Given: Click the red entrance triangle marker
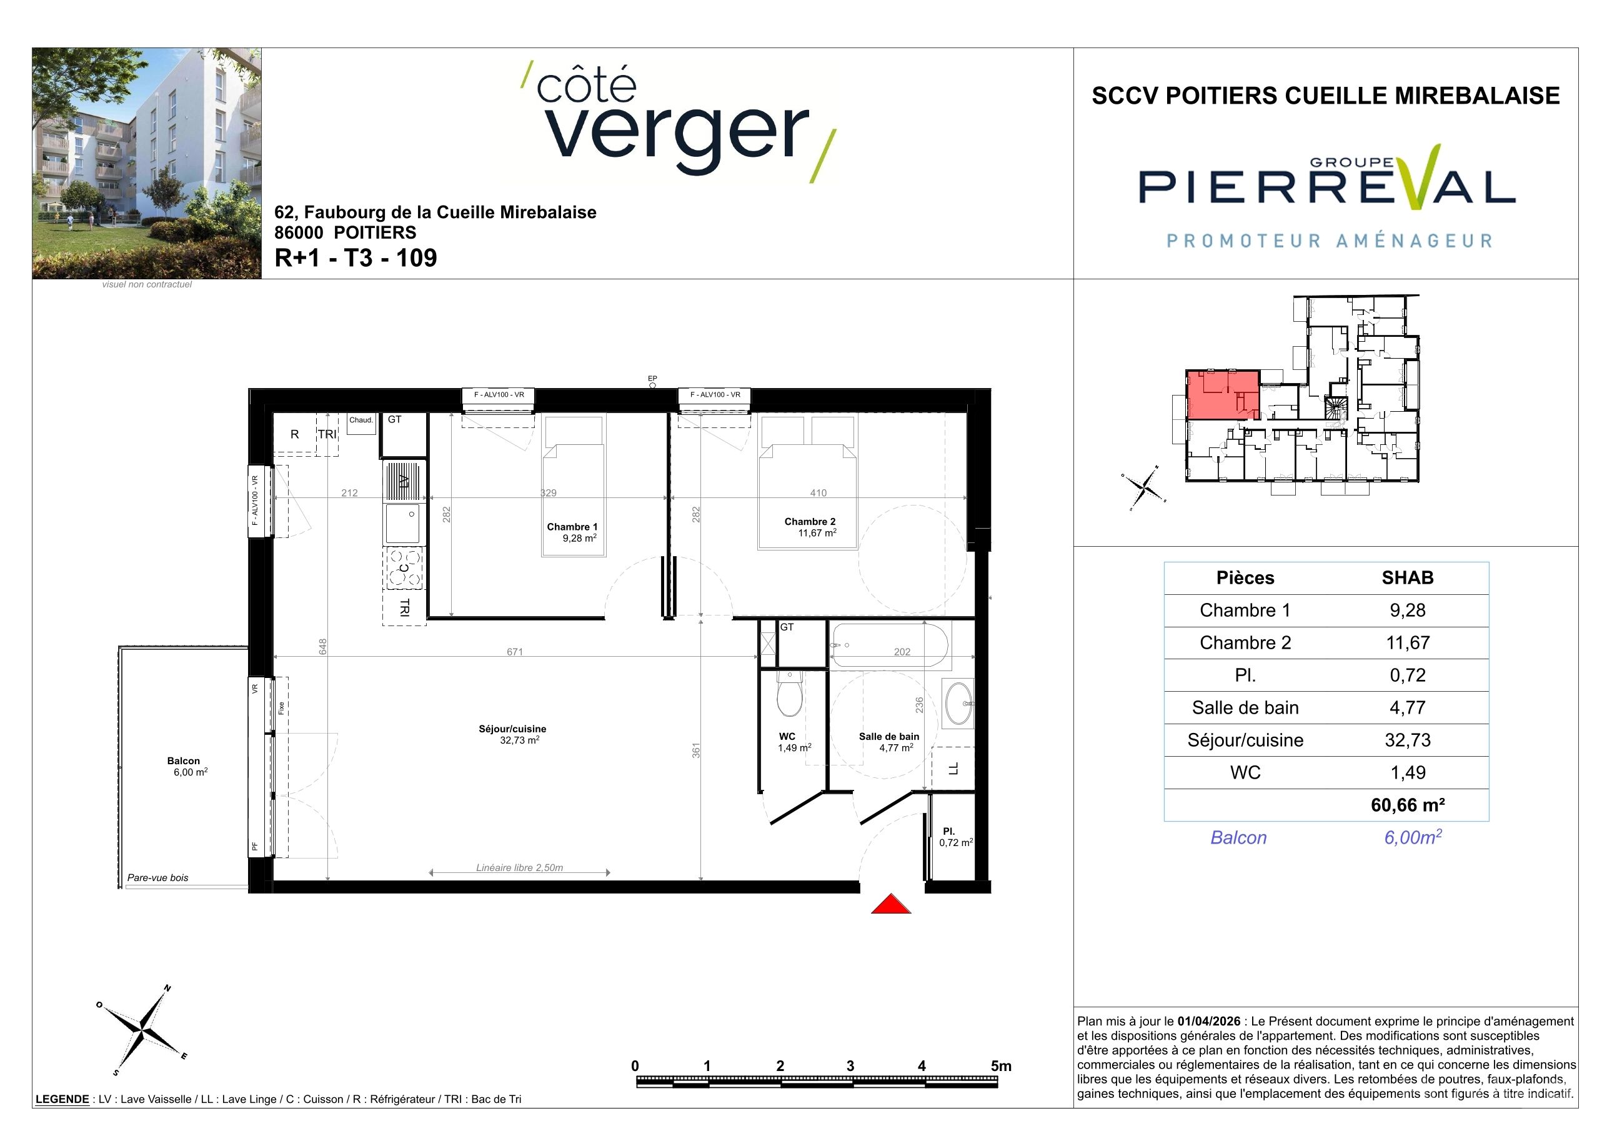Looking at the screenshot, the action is click(890, 905).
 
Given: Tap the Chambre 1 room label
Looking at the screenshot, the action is click(572, 527).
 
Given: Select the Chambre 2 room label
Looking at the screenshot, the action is click(810, 522).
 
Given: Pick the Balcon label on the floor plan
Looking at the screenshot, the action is click(183, 761).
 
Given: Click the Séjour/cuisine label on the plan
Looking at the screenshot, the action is click(512, 729).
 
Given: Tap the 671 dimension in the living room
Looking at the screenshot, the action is click(514, 652).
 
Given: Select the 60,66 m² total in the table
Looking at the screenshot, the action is click(1408, 805).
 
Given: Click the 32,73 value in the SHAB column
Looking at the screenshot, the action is click(1408, 740).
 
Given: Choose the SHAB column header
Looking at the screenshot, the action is click(1408, 577).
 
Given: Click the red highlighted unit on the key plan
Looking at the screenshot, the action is click(1223, 396).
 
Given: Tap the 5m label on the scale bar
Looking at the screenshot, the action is click(1001, 1066).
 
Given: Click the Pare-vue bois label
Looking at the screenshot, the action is click(157, 878).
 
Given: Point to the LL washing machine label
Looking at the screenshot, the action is click(953, 769).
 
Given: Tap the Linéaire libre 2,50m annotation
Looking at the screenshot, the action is click(519, 868).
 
